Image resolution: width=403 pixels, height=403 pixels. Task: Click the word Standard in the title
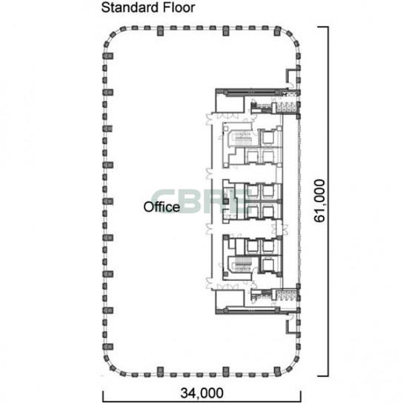(x=130, y=7)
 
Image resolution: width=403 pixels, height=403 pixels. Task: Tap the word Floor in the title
(x=179, y=7)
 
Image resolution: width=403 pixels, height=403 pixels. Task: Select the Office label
(x=161, y=207)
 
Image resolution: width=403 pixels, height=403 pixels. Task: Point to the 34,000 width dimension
(x=201, y=393)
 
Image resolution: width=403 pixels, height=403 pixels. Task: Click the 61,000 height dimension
(x=319, y=201)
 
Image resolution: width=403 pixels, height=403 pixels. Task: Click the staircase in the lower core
(x=242, y=265)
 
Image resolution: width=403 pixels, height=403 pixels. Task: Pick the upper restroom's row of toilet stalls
(x=286, y=107)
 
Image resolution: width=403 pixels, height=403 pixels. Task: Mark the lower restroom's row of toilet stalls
(x=286, y=295)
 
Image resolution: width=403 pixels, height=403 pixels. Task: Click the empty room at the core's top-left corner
(x=230, y=103)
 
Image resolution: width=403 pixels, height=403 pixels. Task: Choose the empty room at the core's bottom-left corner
(x=230, y=299)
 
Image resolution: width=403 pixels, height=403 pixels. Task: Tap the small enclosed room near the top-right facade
(x=292, y=76)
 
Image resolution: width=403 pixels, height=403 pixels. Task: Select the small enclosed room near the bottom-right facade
(x=292, y=327)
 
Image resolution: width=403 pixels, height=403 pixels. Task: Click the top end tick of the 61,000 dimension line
(x=323, y=27)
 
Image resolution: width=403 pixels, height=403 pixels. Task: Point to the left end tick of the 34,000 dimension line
(x=103, y=396)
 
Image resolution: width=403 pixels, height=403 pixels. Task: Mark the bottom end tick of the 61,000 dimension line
(x=323, y=376)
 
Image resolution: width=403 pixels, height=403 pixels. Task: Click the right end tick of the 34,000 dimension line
(x=301, y=396)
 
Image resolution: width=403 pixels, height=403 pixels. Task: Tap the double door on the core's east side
(x=281, y=227)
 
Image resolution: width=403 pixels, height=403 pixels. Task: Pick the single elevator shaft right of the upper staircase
(x=268, y=138)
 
